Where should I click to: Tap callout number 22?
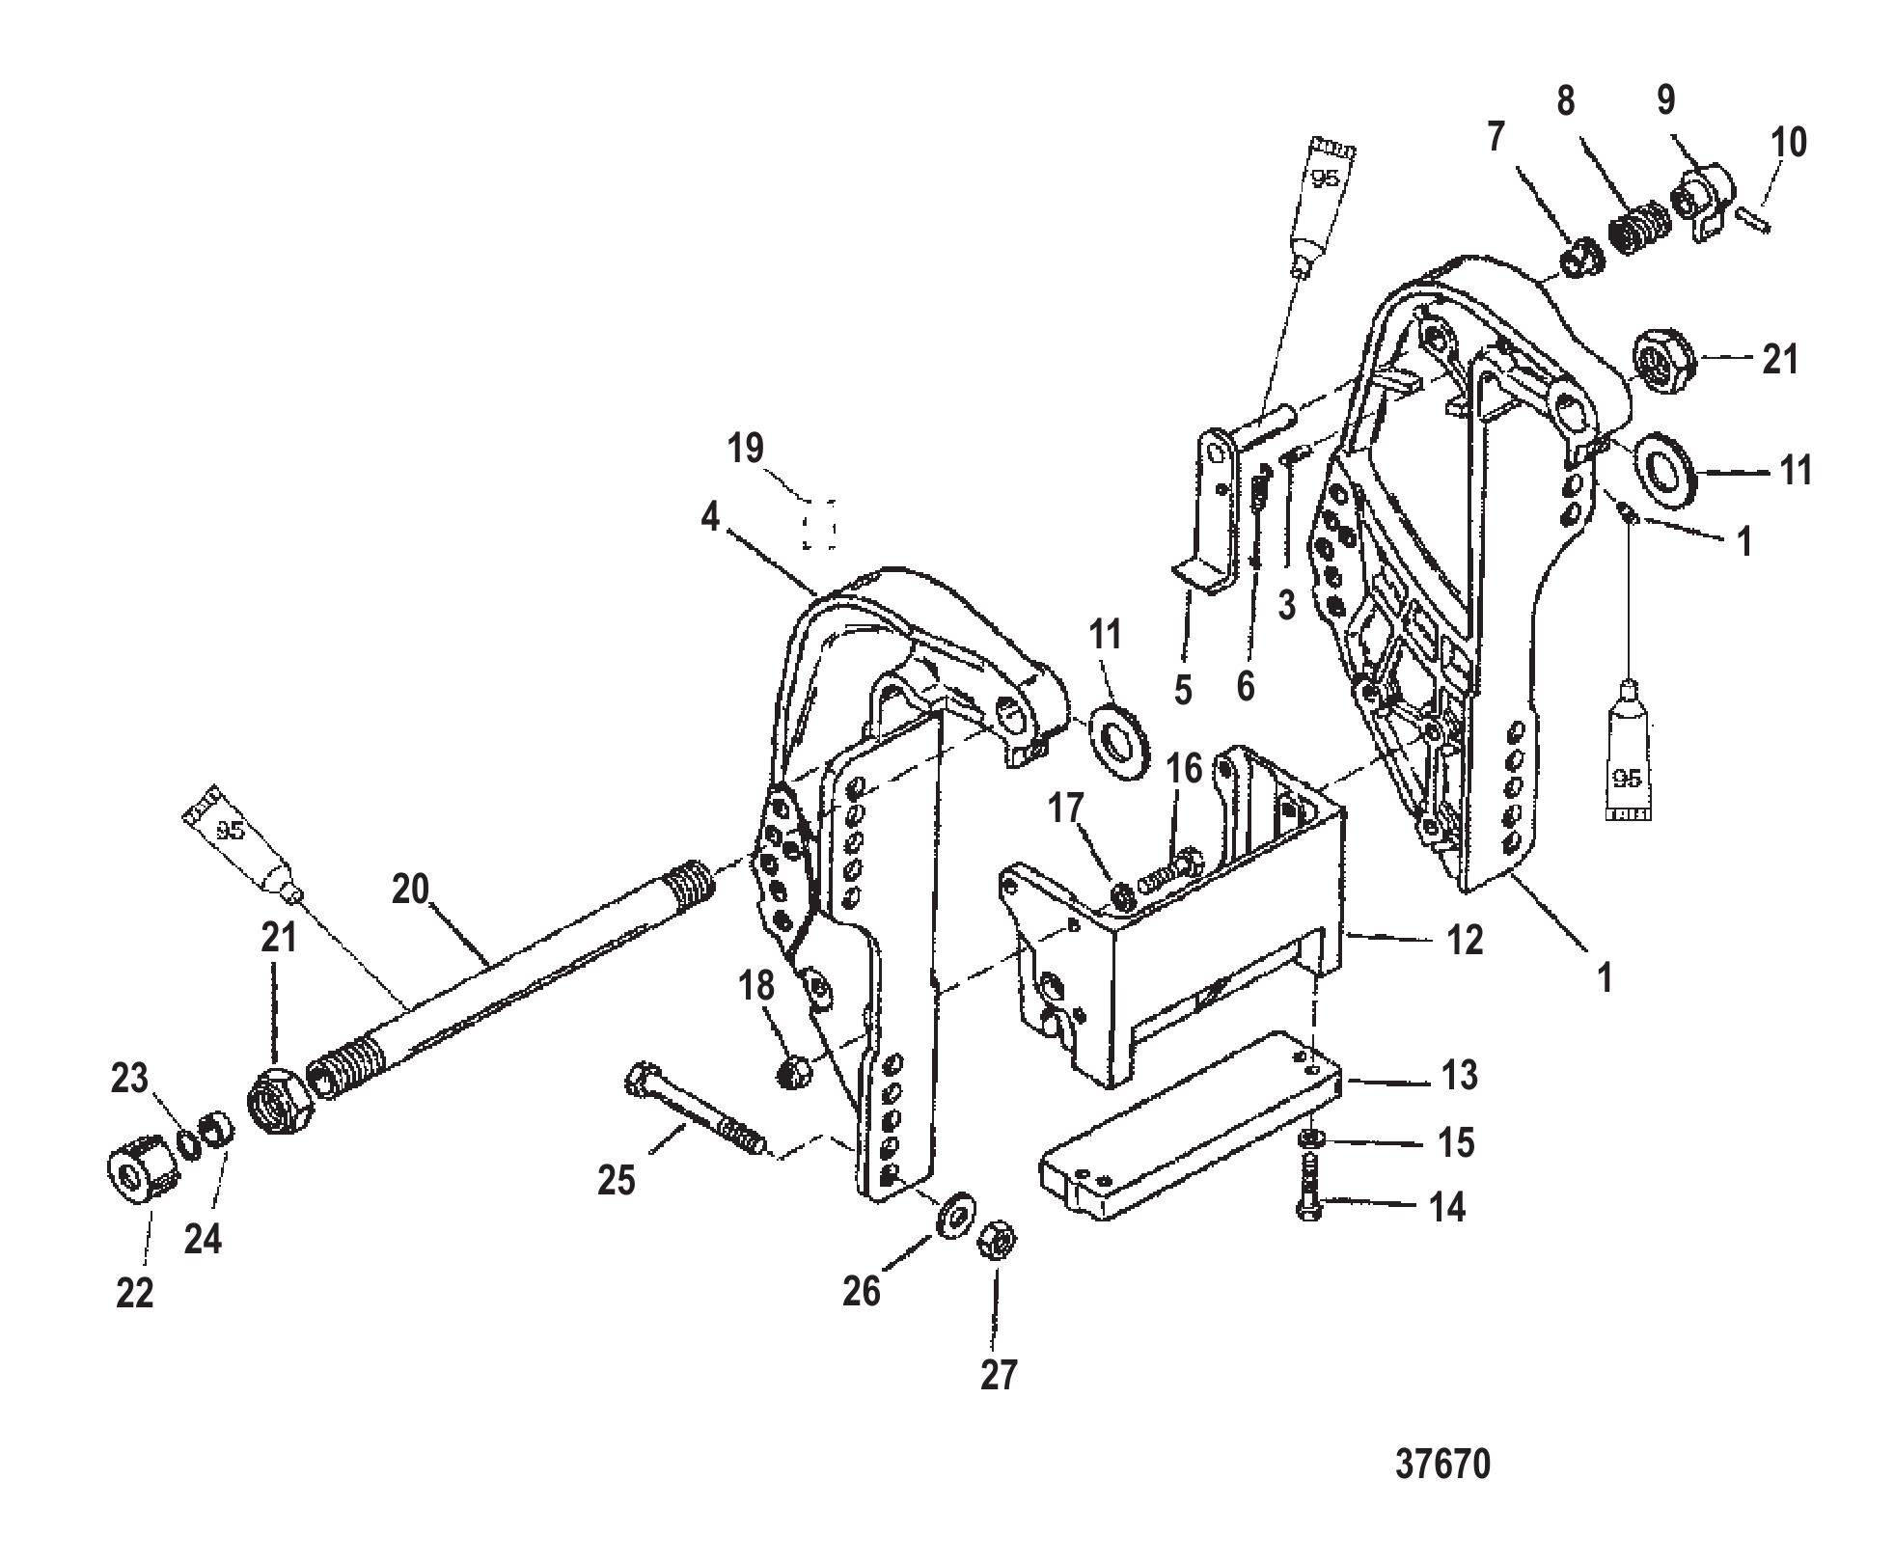click(x=135, y=1293)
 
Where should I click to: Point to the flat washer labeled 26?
click(x=956, y=1213)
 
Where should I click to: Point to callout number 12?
click(x=1464, y=939)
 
